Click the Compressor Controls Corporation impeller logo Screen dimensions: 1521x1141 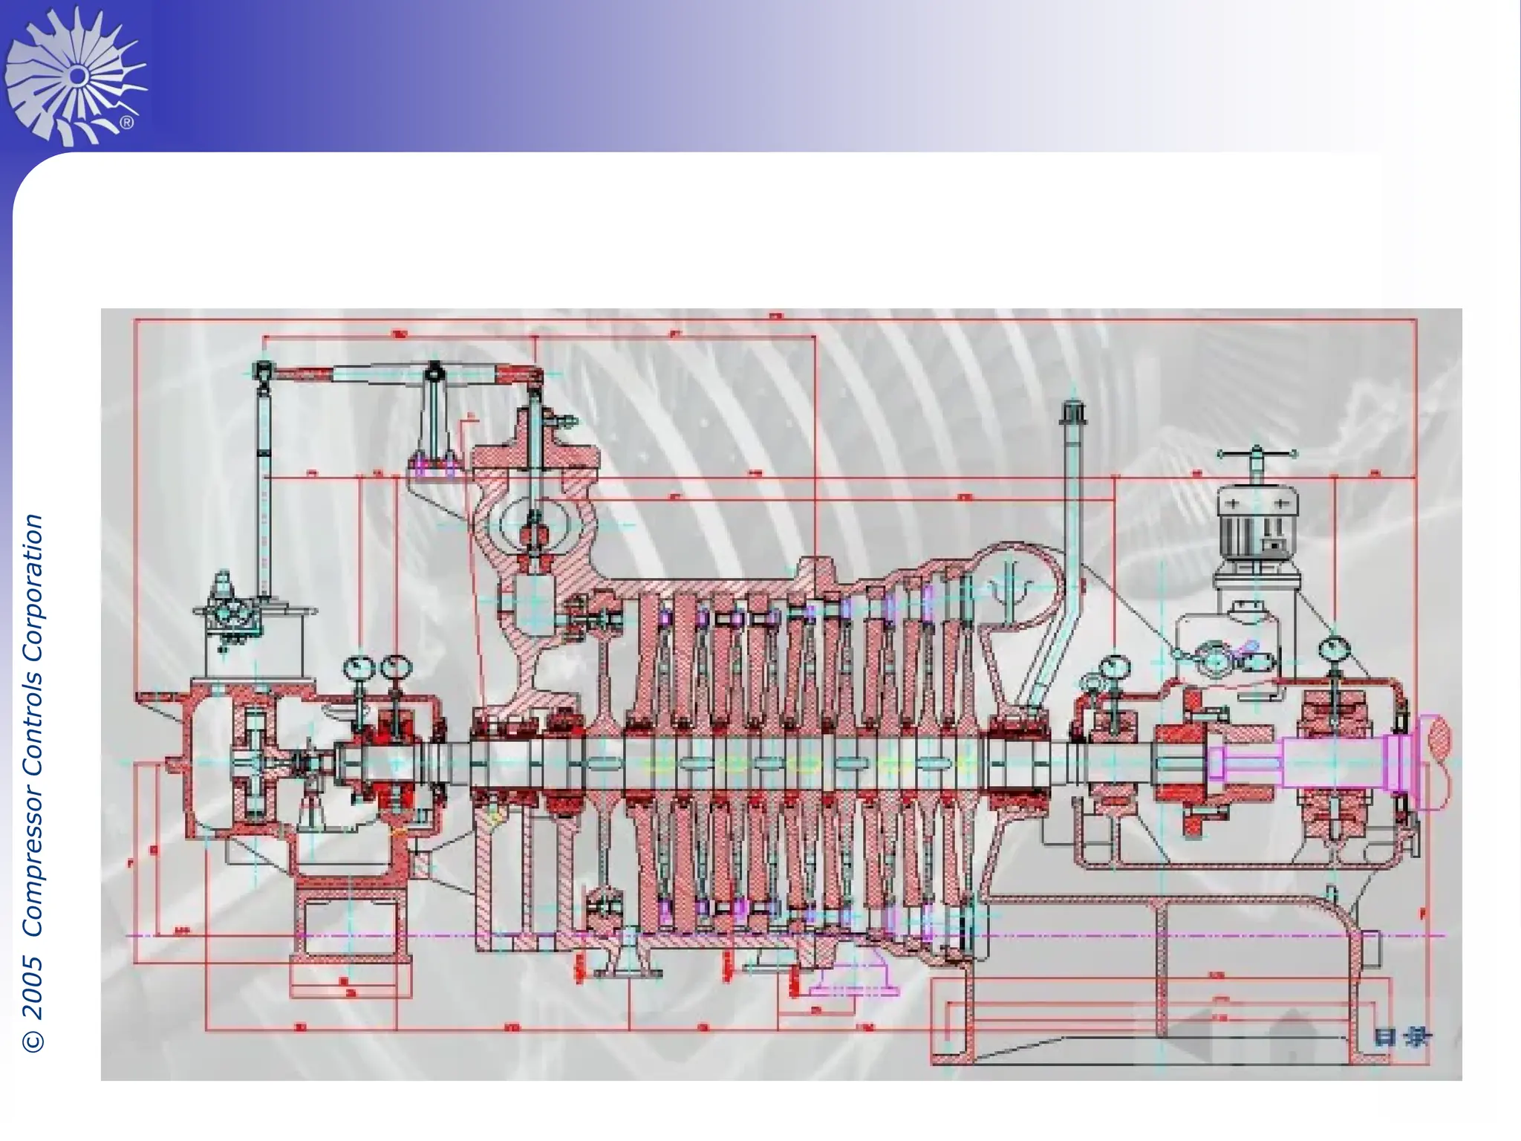74,74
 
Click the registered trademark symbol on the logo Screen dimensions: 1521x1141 127,123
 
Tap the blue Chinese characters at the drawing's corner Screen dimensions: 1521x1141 1401,1037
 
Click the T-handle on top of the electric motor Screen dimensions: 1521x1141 1257,455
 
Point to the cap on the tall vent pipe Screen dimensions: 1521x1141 1074,413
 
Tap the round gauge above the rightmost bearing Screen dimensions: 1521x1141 1335,650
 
